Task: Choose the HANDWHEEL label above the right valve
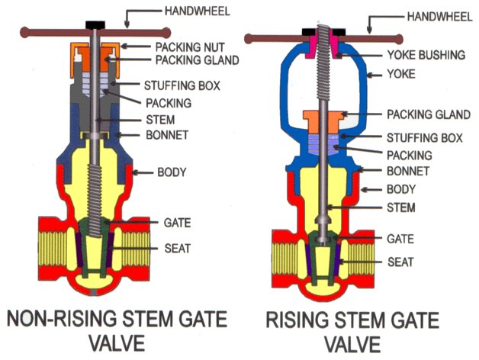(x=432, y=15)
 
